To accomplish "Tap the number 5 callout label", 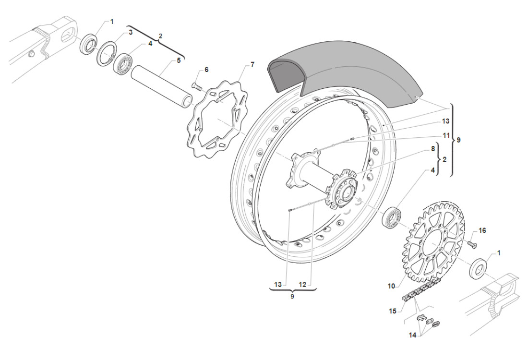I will [179, 60].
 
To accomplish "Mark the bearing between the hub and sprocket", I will [392, 217].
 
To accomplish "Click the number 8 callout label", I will [433, 149].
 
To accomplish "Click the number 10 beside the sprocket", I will [391, 286].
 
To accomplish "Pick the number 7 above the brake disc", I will [252, 64].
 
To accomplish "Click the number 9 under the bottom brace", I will [292, 297].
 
